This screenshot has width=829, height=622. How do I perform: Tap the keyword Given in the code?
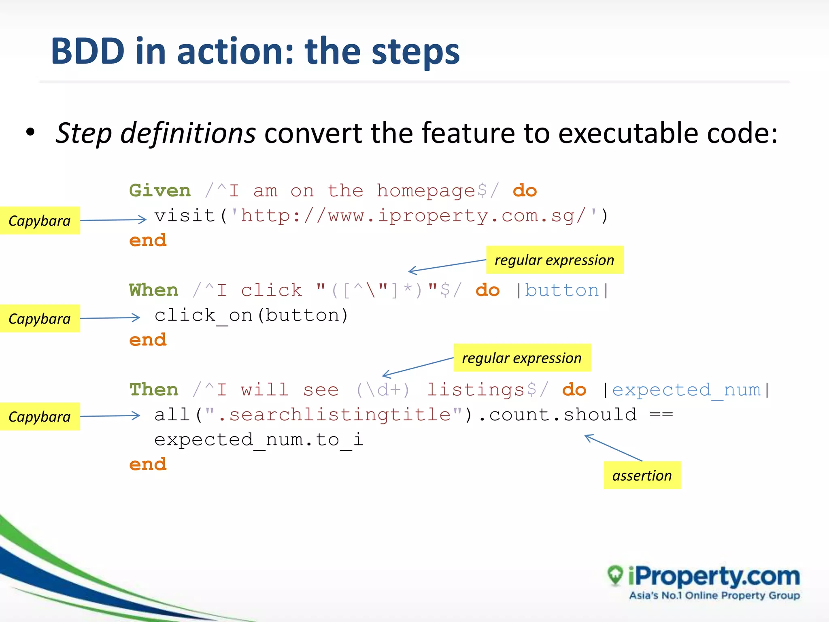160,191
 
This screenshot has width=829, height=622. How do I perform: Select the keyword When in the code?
154,290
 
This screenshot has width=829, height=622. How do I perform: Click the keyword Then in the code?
154,390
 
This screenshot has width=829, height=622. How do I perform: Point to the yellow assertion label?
642,475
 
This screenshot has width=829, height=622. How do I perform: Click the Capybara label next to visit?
40,221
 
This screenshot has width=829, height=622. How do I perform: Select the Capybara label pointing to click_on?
40,319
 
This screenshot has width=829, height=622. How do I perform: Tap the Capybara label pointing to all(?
40,417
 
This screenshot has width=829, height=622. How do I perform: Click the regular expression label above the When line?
555,260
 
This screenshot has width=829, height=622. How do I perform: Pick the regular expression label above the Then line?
522,358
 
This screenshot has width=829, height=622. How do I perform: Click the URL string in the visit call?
413,216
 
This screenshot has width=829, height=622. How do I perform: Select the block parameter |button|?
562,290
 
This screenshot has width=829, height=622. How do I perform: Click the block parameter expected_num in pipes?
687,390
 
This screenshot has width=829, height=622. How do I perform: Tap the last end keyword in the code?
148,464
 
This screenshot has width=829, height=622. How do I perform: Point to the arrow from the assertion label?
613,447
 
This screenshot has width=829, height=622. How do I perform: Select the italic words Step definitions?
155,133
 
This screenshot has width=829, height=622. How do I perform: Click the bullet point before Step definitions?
30,132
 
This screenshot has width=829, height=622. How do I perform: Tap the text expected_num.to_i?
259,440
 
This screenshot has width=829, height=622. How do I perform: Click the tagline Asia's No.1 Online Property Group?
714,596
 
